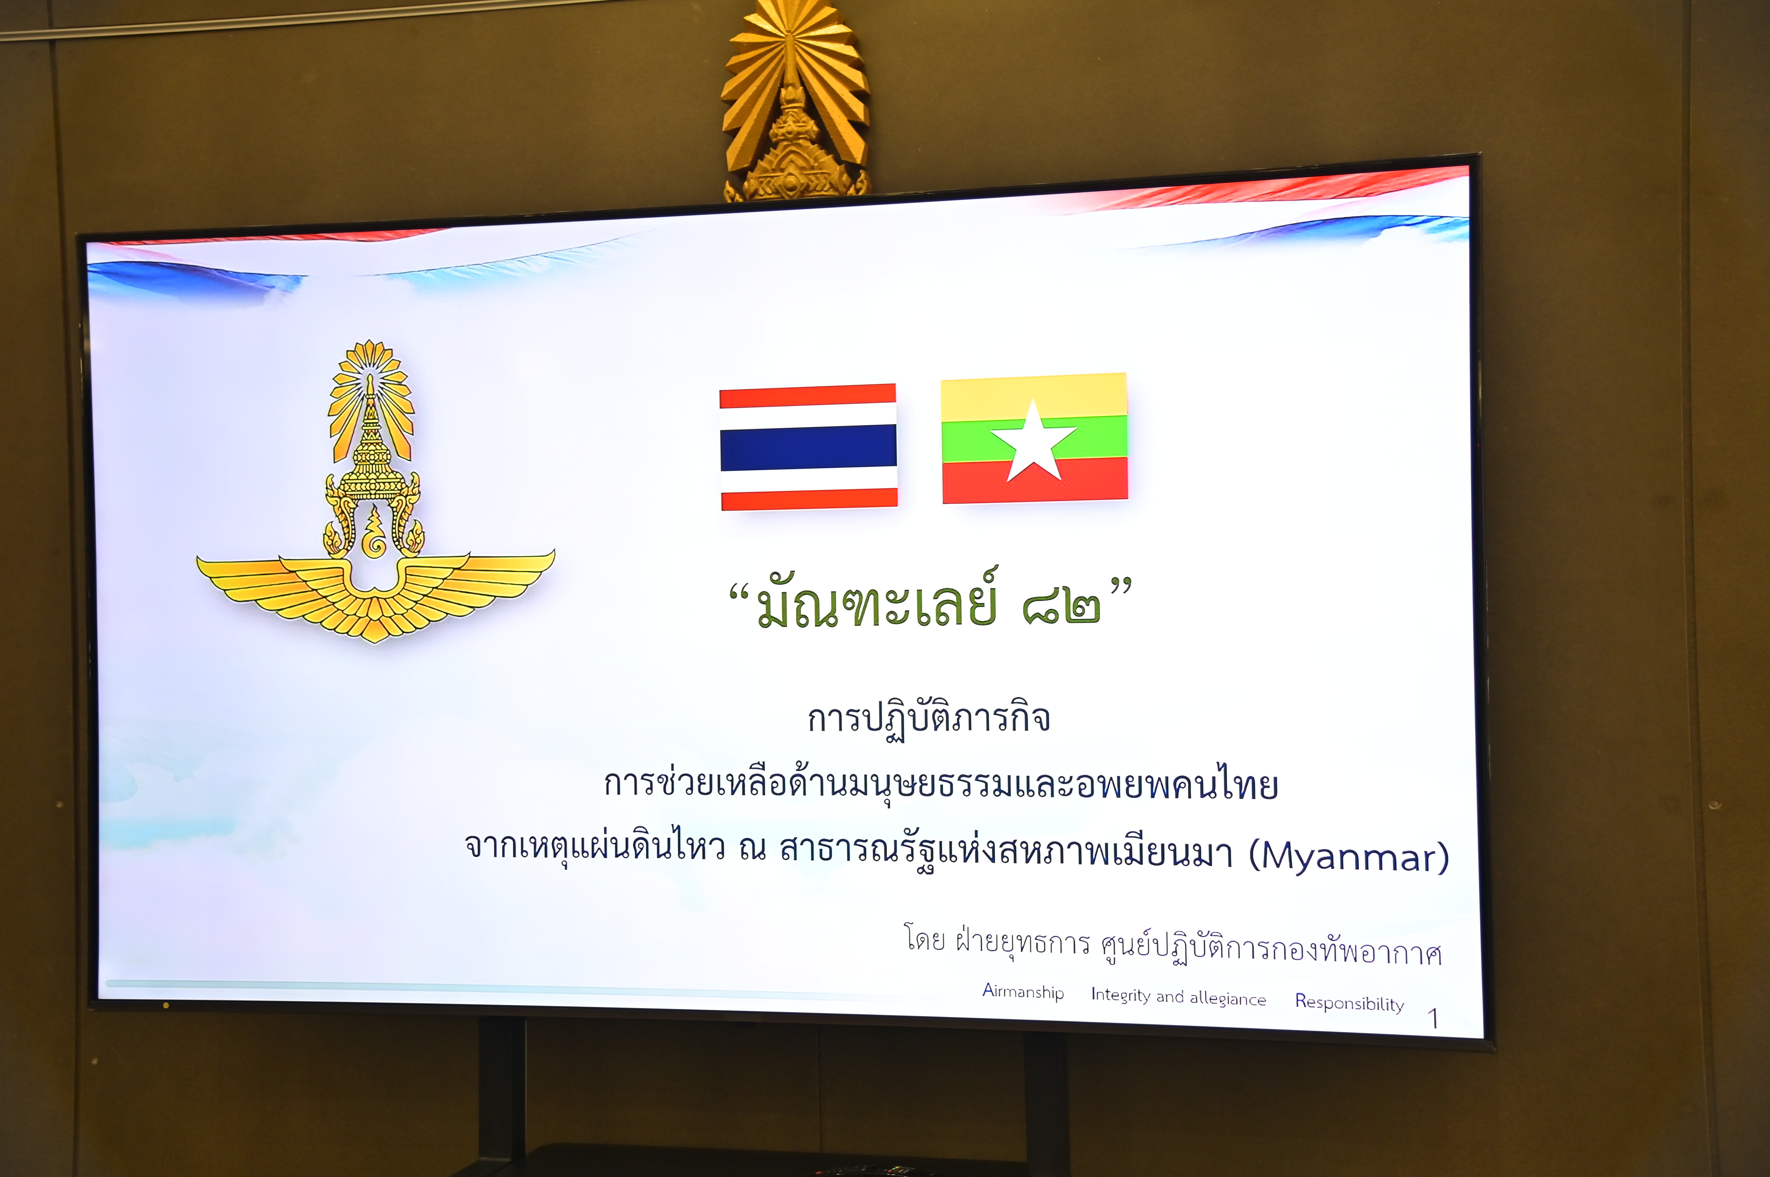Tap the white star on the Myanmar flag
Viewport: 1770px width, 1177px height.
coord(1033,441)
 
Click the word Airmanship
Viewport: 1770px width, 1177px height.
coord(1023,992)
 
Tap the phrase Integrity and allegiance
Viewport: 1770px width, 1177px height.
coord(1178,997)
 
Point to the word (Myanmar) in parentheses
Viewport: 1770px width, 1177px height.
coord(1349,856)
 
